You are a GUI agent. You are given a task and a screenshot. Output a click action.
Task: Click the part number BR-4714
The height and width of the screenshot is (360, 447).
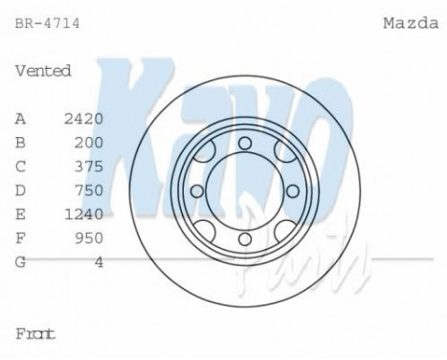click(x=47, y=18)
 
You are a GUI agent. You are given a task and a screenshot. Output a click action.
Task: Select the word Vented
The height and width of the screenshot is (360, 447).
click(x=43, y=70)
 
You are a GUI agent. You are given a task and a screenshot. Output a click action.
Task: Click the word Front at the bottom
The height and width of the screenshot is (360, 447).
click(x=35, y=334)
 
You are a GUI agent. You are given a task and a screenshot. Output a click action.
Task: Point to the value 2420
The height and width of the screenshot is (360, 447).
click(x=83, y=118)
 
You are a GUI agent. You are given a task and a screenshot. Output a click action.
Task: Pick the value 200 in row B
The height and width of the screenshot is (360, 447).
click(x=87, y=142)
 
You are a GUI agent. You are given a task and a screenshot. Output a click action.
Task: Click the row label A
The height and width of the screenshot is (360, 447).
click(x=20, y=118)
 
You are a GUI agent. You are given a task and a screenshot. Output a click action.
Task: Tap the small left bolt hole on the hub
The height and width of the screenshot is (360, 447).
click(x=197, y=191)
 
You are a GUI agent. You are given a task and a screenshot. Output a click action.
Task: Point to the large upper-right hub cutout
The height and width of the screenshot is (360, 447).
click(x=280, y=153)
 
